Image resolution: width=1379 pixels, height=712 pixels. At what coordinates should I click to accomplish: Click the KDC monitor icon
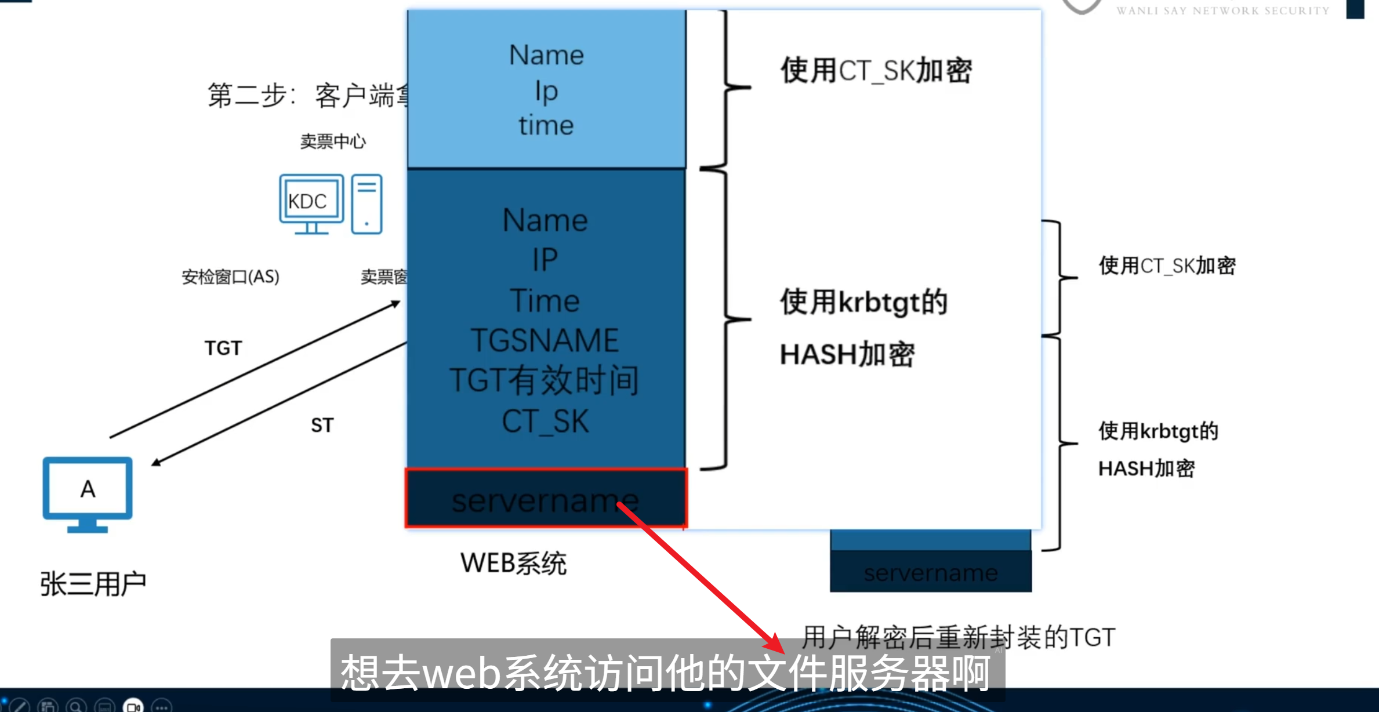(x=311, y=203)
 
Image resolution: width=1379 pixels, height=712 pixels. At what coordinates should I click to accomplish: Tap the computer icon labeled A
(x=88, y=493)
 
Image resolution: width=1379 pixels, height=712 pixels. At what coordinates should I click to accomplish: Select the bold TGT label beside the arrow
(x=223, y=348)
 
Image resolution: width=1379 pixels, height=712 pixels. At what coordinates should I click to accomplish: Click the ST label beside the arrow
(x=322, y=425)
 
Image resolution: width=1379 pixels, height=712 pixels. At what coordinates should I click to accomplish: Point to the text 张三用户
(x=93, y=583)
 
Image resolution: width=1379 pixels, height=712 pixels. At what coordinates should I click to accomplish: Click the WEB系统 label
(x=513, y=563)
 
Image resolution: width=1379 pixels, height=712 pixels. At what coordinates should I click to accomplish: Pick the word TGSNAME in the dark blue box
(x=545, y=340)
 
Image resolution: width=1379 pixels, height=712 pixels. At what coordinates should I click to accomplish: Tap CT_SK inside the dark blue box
(x=545, y=422)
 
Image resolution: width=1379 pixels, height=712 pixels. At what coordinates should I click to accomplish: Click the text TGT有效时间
(x=544, y=381)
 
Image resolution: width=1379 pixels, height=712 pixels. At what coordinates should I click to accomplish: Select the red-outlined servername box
(x=545, y=499)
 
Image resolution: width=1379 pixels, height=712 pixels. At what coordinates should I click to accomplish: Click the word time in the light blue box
(x=546, y=126)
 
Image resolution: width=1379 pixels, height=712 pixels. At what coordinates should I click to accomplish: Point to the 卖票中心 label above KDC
(x=333, y=141)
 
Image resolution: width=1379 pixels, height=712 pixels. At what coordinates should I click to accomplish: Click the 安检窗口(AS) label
(x=230, y=277)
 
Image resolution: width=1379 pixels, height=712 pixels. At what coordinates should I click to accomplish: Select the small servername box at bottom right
(x=930, y=572)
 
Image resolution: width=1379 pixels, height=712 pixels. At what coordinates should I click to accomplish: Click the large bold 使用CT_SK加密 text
(x=876, y=71)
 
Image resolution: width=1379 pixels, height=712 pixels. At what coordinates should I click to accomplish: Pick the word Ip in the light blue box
(x=546, y=91)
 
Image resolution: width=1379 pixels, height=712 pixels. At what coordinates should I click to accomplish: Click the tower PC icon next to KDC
(x=366, y=204)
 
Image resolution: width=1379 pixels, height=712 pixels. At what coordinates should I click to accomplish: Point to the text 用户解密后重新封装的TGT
(x=959, y=637)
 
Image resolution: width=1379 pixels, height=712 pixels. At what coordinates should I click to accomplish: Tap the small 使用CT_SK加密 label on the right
(x=1167, y=266)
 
